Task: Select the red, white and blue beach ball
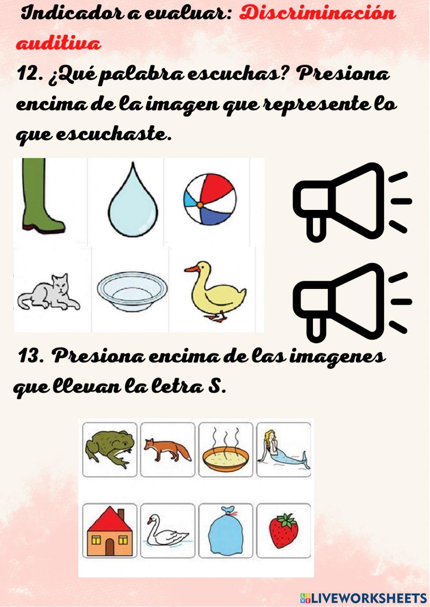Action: point(209,200)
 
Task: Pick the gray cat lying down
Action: point(49,293)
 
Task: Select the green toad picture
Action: point(110,449)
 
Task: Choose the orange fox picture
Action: point(168,450)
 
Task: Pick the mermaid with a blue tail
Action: point(283,450)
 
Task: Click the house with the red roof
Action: point(110,531)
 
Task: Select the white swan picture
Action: point(167,531)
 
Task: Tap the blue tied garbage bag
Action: point(225,531)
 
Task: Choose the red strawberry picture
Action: point(283,531)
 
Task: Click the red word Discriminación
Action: point(317,13)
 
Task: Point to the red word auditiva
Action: point(58,44)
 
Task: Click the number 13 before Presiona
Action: point(31,356)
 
